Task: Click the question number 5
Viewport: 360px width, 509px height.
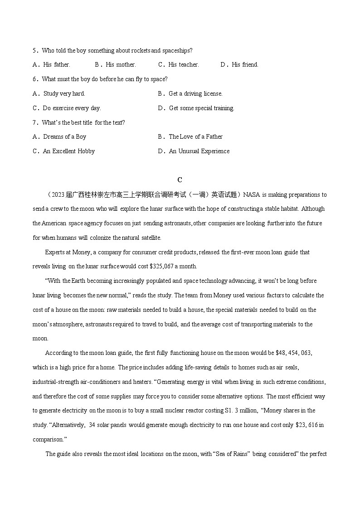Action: point(34,50)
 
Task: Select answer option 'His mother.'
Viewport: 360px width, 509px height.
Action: point(121,65)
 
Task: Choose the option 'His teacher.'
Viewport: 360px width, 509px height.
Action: point(183,65)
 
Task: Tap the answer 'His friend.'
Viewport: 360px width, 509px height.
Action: point(245,65)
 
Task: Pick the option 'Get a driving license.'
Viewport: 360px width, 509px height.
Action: point(195,94)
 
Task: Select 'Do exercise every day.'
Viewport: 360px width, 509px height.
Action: point(72,108)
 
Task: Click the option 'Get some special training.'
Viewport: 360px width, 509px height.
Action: point(201,108)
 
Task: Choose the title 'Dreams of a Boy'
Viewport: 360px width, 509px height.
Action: point(64,137)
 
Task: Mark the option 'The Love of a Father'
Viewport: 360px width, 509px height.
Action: point(195,137)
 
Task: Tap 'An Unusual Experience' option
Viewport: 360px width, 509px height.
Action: point(199,151)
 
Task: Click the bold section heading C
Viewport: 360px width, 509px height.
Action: point(180,180)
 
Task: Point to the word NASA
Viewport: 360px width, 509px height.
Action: point(252,195)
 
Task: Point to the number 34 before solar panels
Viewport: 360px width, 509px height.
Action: point(92,425)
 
